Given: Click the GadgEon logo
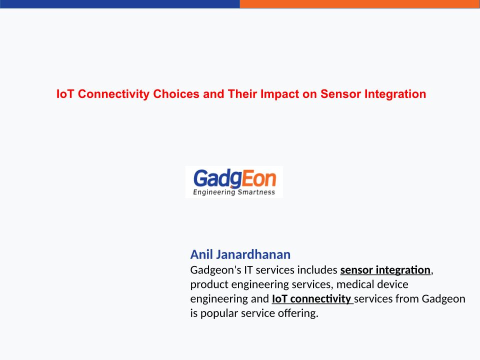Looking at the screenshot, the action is (234, 182).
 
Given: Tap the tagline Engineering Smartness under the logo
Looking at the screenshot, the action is (234, 192).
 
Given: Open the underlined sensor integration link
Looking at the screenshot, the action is (385, 270).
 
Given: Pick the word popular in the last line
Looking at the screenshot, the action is (219, 313).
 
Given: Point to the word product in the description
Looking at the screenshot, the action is (209, 284).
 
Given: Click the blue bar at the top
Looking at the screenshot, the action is (119, 4).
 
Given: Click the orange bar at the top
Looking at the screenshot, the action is (359, 4).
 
